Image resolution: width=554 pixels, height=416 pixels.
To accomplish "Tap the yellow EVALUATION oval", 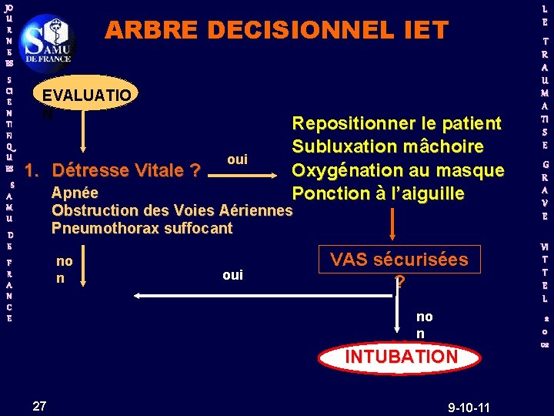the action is point(87,97).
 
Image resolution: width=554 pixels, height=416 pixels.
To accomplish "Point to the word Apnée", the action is point(75,193).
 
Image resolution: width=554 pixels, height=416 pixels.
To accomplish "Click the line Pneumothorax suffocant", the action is point(142,227).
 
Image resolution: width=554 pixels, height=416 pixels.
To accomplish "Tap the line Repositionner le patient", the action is point(396,123).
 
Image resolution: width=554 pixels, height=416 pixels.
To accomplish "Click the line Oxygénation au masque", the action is point(397,169).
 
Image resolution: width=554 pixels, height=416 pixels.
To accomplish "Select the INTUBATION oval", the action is point(401,357).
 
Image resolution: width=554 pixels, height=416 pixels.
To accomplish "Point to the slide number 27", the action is point(40,406).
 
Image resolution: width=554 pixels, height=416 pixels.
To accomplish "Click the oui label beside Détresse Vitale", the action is point(238,159).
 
